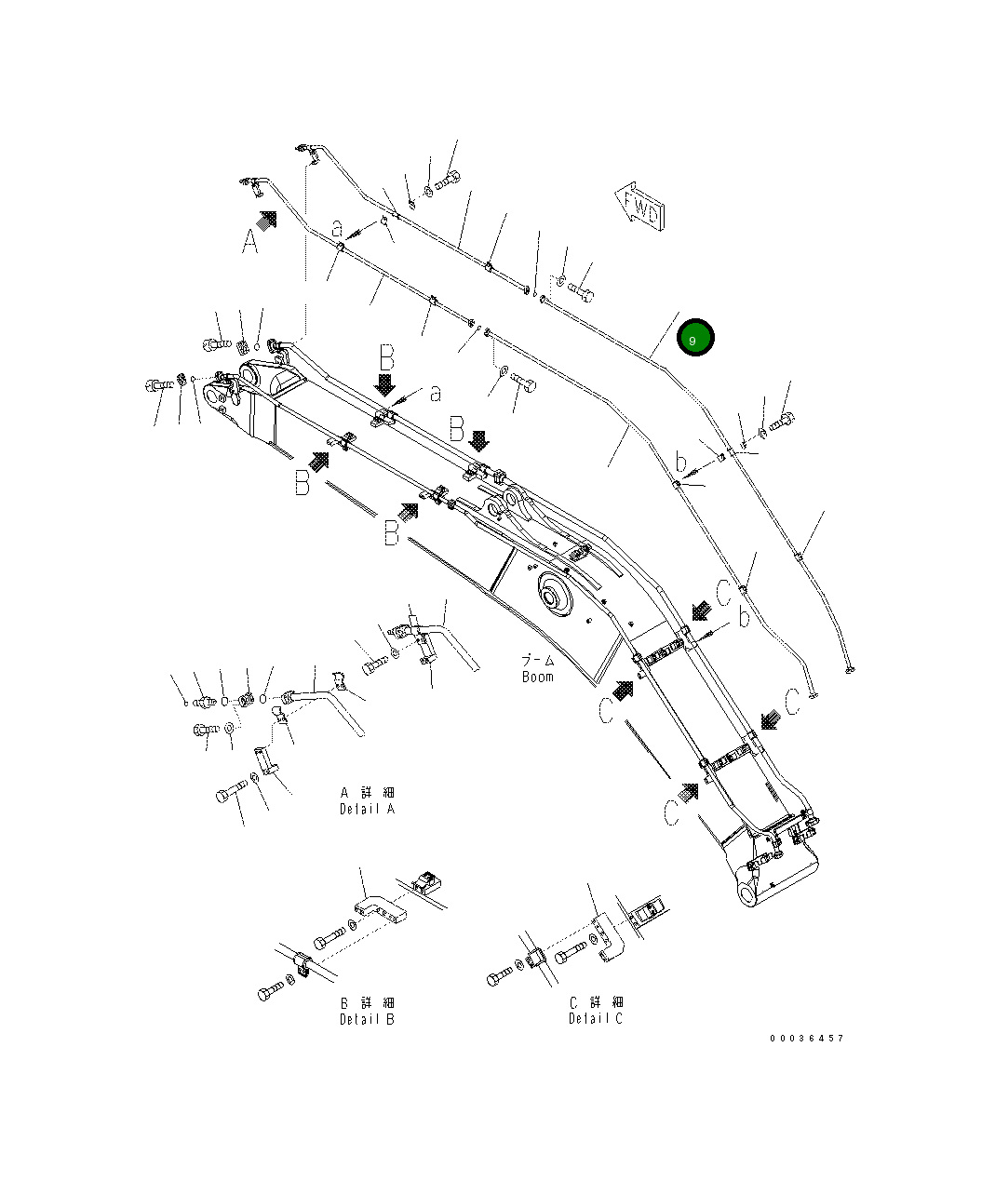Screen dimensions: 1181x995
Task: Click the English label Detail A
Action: pyautogui.click(x=367, y=810)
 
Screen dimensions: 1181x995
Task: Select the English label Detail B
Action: pyautogui.click(x=367, y=1019)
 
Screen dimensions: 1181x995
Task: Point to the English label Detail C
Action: pyautogui.click(x=596, y=1018)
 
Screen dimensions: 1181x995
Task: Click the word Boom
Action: pyautogui.click(x=537, y=677)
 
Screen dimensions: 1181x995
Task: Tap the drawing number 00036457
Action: pyautogui.click(x=805, y=1038)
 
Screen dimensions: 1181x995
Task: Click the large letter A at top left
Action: pyautogui.click(x=249, y=241)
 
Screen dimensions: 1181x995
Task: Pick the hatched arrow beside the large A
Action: pyautogui.click(x=268, y=220)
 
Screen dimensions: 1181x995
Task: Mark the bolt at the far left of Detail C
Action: pyautogui.click(x=498, y=976)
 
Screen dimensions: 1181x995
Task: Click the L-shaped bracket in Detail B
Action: pyautogui.click(x=380, y=910)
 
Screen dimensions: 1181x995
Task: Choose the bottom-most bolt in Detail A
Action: pyautogui.click(x=229, y=795)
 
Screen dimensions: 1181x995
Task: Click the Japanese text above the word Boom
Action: pyautogui.click(x=537, y=660)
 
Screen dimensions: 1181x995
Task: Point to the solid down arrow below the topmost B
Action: pyautogui.click(x=385, y=384)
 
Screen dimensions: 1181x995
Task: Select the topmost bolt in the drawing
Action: pyautogui.click(x=448, y=180)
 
